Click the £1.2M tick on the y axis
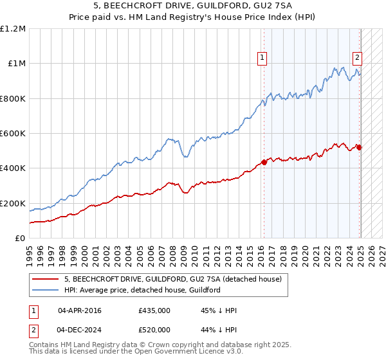pyautogui.click(x=12, y=29)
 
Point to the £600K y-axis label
pyautogui.click(x=12, y=134)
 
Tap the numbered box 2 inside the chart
pyautogui.click(x=357, y=57)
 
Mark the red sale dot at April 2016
pyautogui.click(x=264, y=162)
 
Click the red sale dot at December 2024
pyautogui.click(x=359, y=147)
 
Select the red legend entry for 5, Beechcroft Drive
pyautogui.click(x=172, y=279)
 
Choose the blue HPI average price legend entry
pyautogui.click(x=142, y=290)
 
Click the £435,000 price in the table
pyautogui.click(x=154, y=310)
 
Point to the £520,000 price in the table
pyautogui.click(x=154, y=330)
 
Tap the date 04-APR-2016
pyautogui.click(x=80, y=310)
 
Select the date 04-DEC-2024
pyautogui.click(x=80, y=330)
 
